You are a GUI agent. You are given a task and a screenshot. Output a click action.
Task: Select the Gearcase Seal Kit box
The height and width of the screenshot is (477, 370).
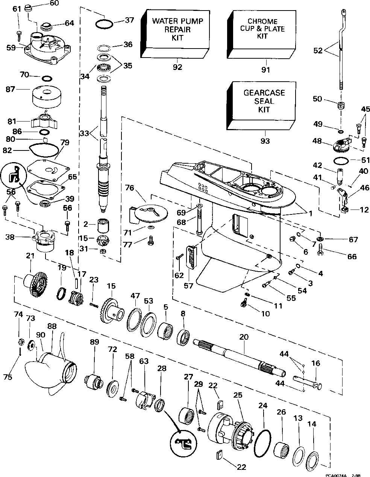261,106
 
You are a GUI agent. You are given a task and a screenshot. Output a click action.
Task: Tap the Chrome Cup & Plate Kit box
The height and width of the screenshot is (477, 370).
261,35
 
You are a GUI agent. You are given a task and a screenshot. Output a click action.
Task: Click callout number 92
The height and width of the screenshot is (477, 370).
177,67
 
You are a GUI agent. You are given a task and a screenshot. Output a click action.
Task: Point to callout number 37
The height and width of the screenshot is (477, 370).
129,20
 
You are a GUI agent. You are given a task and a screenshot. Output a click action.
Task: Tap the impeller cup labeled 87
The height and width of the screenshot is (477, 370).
47,97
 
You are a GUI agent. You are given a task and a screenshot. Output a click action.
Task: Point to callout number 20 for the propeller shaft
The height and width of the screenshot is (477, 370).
243,337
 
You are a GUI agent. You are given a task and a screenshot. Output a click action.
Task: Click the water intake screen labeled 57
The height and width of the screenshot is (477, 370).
191,257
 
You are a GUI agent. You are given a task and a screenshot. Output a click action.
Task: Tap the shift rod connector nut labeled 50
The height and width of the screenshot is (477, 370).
341,105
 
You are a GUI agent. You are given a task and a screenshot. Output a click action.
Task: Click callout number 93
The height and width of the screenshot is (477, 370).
265,141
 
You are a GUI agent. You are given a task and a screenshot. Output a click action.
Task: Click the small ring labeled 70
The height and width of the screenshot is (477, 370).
47,78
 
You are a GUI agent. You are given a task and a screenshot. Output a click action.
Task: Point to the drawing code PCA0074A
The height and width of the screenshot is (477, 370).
337,475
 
